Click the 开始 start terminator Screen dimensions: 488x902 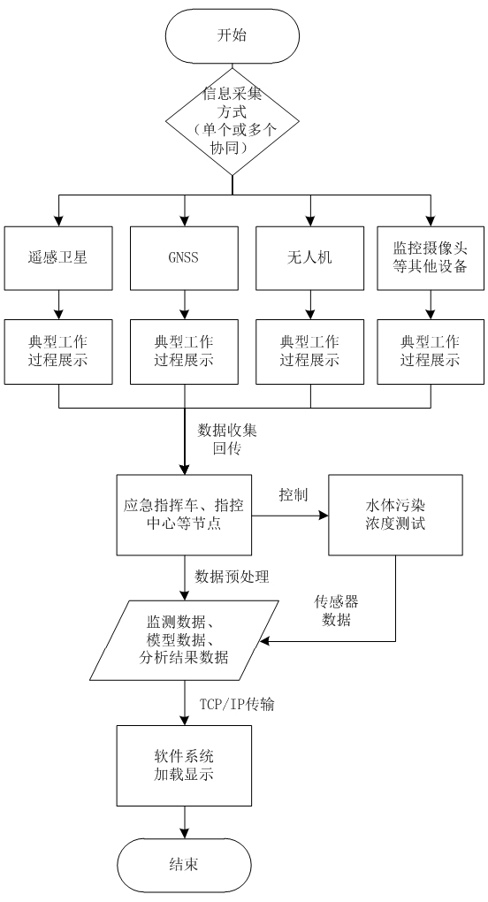click(233, 35)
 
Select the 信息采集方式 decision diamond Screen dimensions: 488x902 click(233, 121)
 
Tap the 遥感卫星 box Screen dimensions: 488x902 click(58, 257)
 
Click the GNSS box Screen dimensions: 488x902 click(184, 257)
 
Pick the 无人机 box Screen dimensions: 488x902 click(309, 257)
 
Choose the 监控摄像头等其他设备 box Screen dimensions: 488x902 click(431, 257)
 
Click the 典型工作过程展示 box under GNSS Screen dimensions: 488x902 click(184, 351)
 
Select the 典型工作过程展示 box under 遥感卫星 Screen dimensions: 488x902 click(58, 351)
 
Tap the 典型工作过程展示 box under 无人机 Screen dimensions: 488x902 click(309, 351)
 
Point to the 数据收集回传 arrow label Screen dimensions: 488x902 click(227, 440)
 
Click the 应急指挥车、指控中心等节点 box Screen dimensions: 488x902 click(184, 515)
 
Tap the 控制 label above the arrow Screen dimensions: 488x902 click(294, 494)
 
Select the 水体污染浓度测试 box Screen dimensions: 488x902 click(395, 515)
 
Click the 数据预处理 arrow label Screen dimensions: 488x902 click(233, 577)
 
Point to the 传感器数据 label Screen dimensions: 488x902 click(336, 611)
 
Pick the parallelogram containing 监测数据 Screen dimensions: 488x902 click(185, 640)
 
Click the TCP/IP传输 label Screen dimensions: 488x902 click(237, 704)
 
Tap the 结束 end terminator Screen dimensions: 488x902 click(184, 865)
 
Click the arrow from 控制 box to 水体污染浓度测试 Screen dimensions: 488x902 click(290, 516)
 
